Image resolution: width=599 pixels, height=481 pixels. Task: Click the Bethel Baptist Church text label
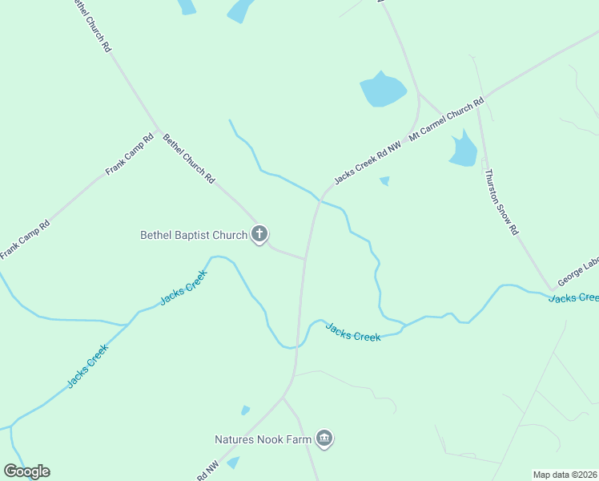point(194,235)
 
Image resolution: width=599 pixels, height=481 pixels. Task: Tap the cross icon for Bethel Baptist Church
point(259,234)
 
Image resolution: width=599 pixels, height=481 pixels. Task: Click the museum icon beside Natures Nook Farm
point(324,439)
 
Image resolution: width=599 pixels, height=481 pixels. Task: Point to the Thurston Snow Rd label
point(501,201)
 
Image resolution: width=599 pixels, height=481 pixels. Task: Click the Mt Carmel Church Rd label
point(446,120)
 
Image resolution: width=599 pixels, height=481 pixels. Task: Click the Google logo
point(26,471)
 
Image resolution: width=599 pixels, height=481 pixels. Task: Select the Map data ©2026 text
point(565,475)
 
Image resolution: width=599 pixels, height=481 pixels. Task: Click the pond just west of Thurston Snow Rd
point(463,149)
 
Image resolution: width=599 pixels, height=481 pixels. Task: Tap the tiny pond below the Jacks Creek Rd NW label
point(384,180)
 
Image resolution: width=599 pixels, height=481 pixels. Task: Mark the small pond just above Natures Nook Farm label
point(245,410)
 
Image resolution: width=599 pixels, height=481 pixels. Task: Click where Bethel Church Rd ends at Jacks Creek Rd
point(305,259)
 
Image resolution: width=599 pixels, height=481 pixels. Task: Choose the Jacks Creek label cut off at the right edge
point(573,297)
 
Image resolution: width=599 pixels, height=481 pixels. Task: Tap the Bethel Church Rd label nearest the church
point(189,160)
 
